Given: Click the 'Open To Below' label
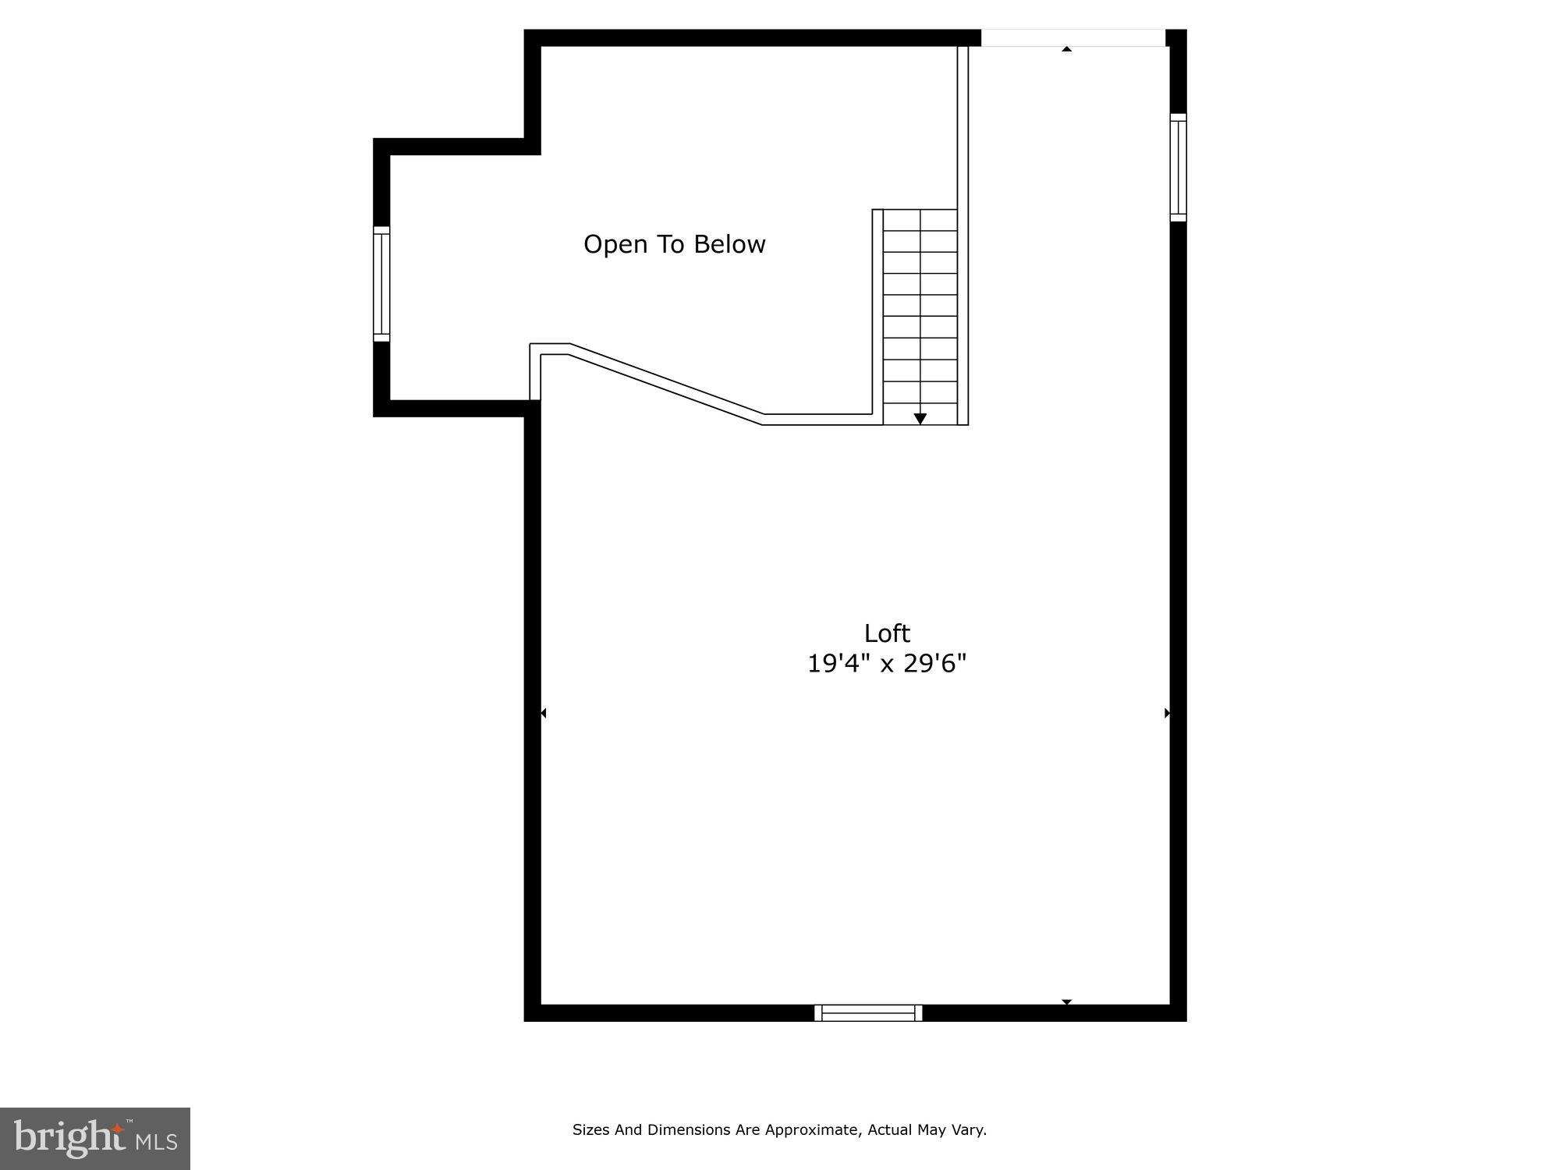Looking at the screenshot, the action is (675, 245).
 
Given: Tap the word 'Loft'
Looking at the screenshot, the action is (887, 633).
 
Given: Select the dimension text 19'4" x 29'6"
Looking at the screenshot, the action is (887, 664).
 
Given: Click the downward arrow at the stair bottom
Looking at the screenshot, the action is (920, 419).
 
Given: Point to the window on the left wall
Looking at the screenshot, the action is (381, 284).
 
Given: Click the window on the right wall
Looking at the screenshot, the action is (1179, 167).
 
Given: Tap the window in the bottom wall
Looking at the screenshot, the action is (868, 1013).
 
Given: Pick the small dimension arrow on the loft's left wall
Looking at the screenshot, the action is (544, 713).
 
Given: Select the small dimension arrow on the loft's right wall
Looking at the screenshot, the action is (1167, 713).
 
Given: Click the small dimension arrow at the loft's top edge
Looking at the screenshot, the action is (1066, 49).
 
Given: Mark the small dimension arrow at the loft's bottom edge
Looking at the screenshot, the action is (1066, 1002).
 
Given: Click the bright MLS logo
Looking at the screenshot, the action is (95, 1139).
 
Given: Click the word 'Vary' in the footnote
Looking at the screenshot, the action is (970, 1129).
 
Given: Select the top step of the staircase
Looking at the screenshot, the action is (920, 220).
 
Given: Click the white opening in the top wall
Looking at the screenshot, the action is (1072, 37).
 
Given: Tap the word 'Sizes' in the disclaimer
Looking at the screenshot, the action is (590, 1129).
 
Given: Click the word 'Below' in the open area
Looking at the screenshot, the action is (729, 245).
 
